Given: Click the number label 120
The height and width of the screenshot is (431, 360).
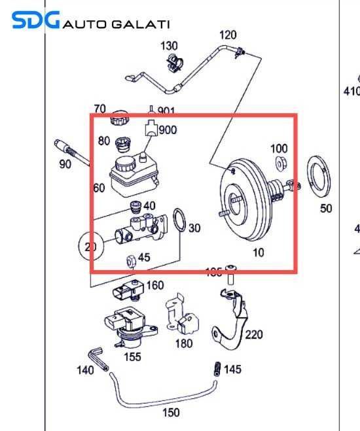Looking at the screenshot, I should pyautogui.click(x=228, y=35).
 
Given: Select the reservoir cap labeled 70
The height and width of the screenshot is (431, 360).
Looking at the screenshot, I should pyautogui.click(x=119, y=120).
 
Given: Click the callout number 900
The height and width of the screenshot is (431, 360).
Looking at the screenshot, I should pyautogui.click(x=168, y=130).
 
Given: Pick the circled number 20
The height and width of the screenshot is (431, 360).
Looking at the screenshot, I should pyautogui.click(x=90, y=247).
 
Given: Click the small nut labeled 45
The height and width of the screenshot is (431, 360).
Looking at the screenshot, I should pyautogui.click(x=129, y=261).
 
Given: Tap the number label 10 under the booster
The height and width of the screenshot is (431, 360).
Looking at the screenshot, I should pyautogui.click(x=258, y=252).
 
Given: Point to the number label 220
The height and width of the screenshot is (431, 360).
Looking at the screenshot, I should pyautogui.click(x=253, y=335).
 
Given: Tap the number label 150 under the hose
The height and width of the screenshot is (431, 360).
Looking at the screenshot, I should pyautogui.click(x=171, y=413).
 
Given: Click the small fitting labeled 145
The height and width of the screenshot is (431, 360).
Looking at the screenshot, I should pyautogui.click(x=217, y=369).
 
